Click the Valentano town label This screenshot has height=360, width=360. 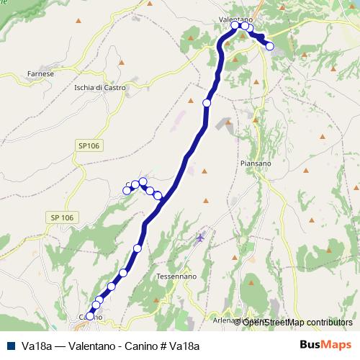click(x=235, y=19)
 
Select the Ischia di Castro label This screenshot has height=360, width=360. click(x=100, y=88)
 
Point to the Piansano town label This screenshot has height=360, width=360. click(x=254, y=163)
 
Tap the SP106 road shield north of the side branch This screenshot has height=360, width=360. click(x=89, y=146)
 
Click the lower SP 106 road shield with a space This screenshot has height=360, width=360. click(x=62, y=217)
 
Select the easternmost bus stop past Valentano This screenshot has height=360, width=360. click(x=270, y=46)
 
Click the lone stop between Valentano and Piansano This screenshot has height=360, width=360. click(x=207, y=103)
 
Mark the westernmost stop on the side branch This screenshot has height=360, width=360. click(x=127, y=190)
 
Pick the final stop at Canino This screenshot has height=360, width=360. click(x=90, y=315)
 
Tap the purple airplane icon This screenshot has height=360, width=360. click(x=200, y=237)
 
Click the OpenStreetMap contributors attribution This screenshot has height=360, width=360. click(x=297, y=322)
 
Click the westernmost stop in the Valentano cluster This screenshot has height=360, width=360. click(x=235, y=25)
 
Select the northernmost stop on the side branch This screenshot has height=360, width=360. click(x=143, y=181)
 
